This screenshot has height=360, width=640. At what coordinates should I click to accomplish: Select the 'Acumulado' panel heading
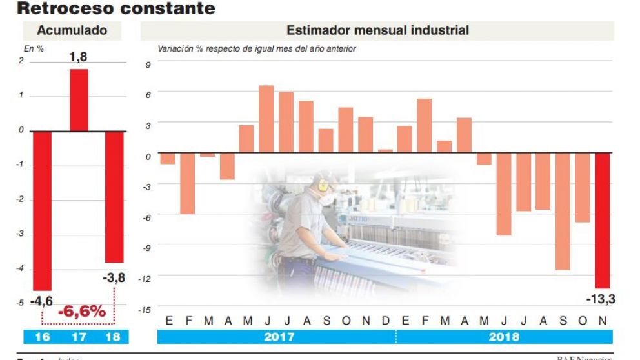tap(72, 30)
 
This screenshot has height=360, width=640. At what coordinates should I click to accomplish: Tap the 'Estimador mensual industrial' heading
tap(377, 30)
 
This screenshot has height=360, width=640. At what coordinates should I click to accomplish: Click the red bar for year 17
tap(79, 100)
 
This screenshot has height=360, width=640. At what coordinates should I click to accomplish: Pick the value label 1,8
tap(79, 57)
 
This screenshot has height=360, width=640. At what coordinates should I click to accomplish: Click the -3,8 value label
tap(114, 278)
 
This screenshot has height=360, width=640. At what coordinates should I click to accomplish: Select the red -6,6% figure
tap(82, 312)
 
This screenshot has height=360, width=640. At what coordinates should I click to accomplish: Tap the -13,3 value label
tap(600, 299)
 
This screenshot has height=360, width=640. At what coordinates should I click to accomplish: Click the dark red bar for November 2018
tap(602, 220)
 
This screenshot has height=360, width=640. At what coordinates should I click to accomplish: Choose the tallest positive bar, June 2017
tap(266, 119)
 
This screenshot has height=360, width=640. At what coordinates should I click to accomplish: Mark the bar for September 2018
tap(563, 211)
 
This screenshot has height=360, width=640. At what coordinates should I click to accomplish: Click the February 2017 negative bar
tap(187, 183)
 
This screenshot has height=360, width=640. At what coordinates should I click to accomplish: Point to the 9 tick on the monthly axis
tap(148, 64)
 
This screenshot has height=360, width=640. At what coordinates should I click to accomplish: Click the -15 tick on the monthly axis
tap(146, 310)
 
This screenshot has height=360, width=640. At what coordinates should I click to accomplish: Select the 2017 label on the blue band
tap(279, 337)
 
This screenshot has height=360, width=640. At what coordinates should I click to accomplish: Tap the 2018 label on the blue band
tap(504, 337)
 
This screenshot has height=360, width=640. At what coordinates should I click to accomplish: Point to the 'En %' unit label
tap(34, 48)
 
